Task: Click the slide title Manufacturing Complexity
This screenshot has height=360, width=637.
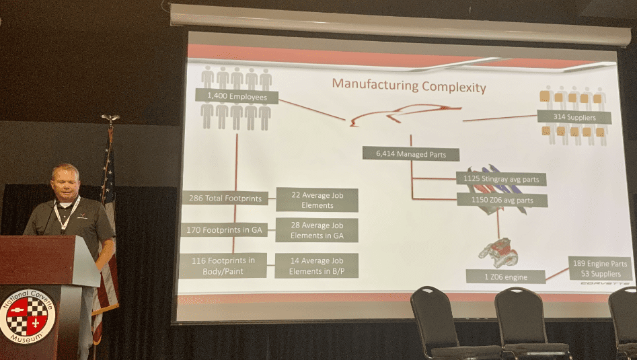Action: (x=408, y=86)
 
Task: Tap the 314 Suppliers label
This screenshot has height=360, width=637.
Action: (x=574, y=116)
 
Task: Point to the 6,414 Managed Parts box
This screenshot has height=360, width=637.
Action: (x=410, y=154)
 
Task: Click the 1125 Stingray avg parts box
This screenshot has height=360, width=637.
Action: (x=500, y=179)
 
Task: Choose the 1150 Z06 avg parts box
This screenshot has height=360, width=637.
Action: (x=501, y=200)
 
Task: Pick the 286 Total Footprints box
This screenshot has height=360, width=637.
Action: (x=225, y=198)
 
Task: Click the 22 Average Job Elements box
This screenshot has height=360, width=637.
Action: (x=316, y=200)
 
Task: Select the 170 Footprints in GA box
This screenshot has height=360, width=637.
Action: (x=225, y=230)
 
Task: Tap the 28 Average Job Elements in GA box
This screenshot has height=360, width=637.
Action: (x=316, y=230)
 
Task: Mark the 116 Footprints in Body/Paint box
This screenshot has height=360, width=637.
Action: (x=223, y=266)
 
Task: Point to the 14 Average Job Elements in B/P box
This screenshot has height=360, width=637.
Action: (x=316, y=266)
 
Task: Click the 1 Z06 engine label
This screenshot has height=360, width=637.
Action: (x=505, y=276)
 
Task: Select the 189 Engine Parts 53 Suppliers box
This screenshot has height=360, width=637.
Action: (x=600, y=268)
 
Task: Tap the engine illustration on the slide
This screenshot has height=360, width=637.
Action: (x=498, y=252)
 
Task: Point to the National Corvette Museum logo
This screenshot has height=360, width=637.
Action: (x=27, y=315)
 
